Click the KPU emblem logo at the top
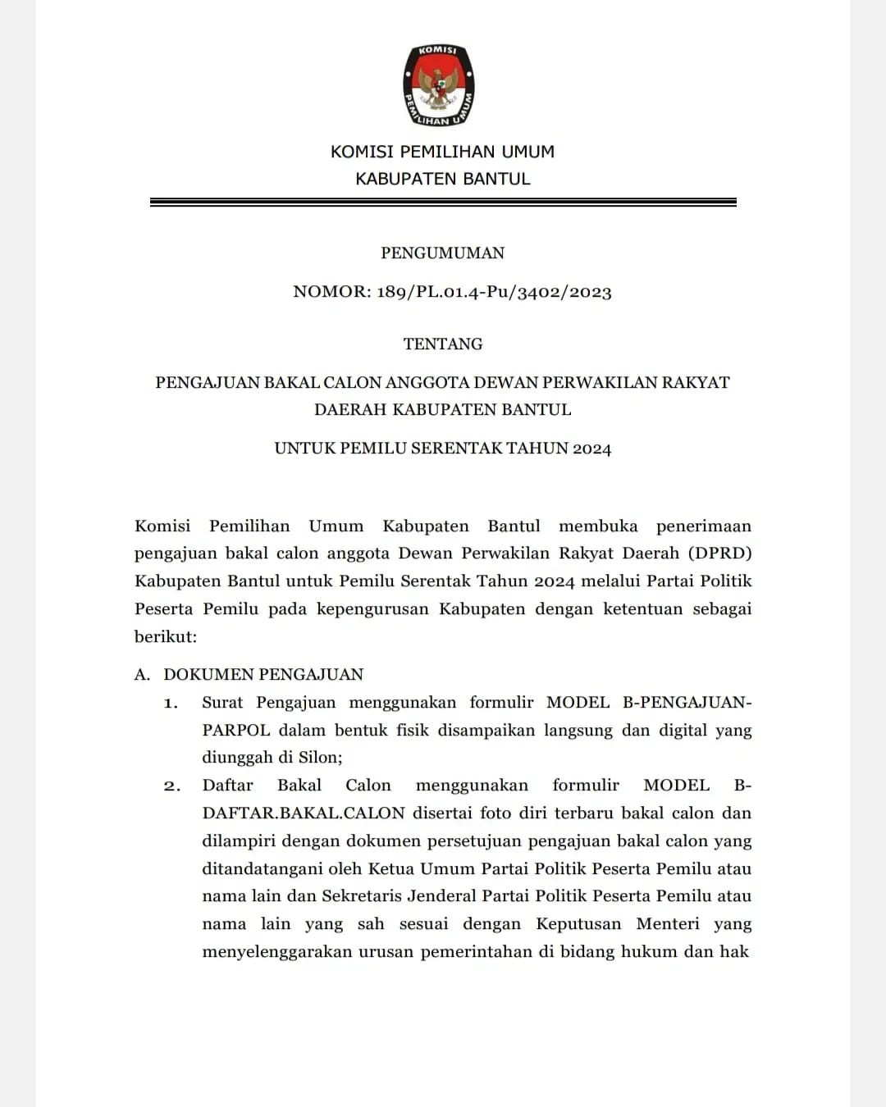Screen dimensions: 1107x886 (439, 85)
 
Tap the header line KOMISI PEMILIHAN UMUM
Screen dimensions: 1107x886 (442, 152)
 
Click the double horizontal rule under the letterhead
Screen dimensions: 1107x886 (443, 202)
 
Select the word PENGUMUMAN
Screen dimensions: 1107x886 (442, 253)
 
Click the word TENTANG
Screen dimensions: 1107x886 (442, 344)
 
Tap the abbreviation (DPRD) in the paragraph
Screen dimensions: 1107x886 (719, 553)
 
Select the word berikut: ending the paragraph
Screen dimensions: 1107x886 (166, 636)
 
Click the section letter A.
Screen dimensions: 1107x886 (142, 675)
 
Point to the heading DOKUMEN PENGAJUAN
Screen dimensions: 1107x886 (263, 675)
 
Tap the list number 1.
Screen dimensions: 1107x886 (171, 703)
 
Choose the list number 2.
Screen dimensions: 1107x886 (171, 786)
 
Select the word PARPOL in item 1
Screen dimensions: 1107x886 (235, 730)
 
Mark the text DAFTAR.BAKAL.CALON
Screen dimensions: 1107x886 (304, 813)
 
